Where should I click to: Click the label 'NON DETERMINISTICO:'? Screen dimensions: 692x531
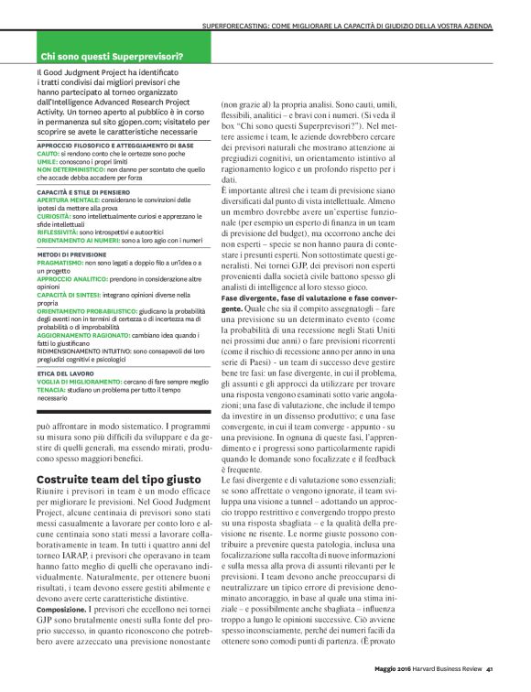tap(70, 170)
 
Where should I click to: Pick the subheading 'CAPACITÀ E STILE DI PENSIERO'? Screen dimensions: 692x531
tap(84, 190)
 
